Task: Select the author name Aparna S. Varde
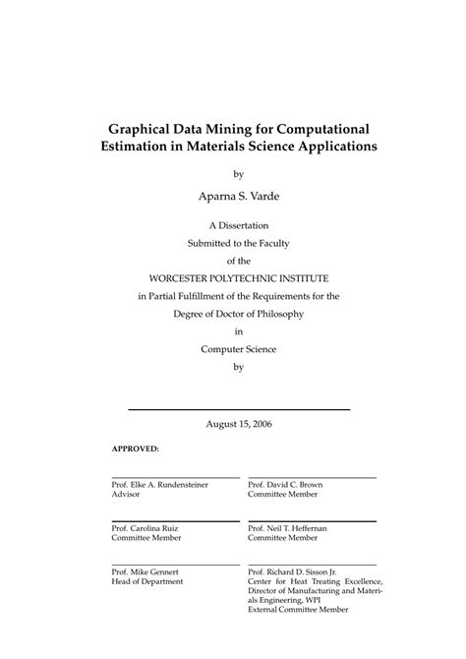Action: [237, 197]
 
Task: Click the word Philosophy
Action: [273, 314]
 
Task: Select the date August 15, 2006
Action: [238, 424]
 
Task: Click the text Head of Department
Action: [146, 581]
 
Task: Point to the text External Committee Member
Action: [298, 611]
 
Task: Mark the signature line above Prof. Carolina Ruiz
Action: [175, 521]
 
